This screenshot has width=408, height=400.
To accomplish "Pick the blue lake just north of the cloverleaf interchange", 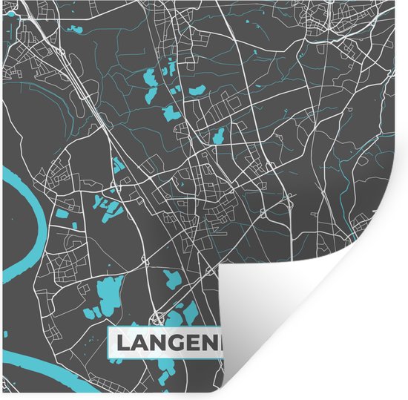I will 172,281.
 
